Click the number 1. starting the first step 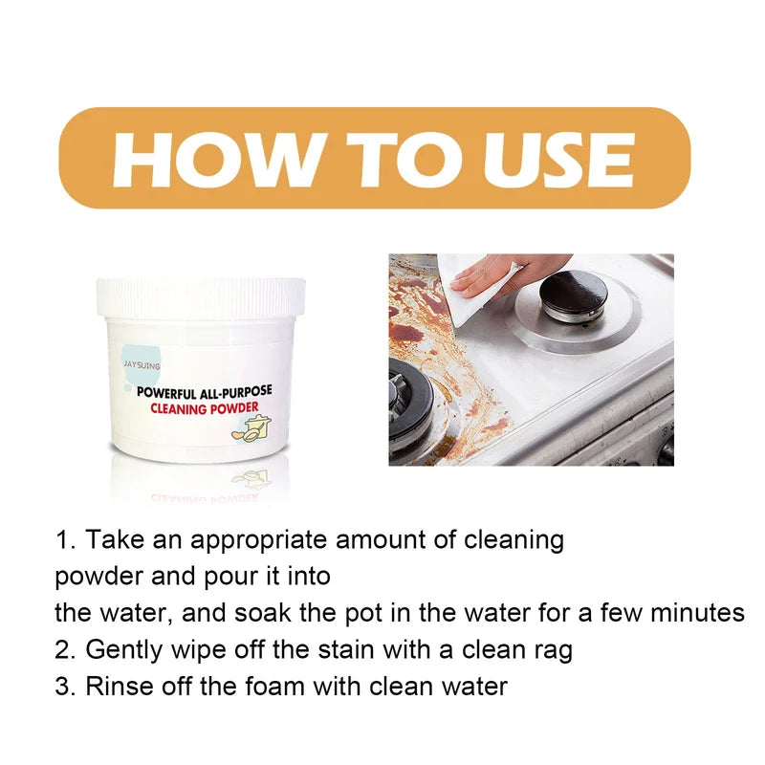pyautogui.click(x=65, y=539)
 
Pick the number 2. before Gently pyautogui.click(x=65, y=650)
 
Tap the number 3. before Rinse pyautogui.click(x=65, y=686)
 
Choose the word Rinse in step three pyautogui.click(x=117, y=686)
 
